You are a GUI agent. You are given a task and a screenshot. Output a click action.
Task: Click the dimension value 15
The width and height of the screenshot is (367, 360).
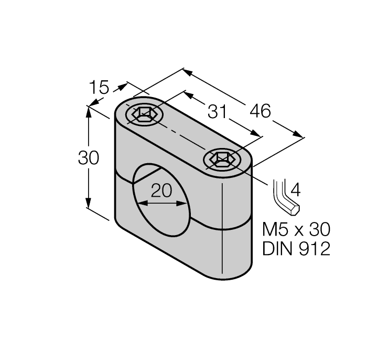coord(98,88)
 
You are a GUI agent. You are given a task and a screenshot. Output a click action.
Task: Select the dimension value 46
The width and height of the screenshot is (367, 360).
coord(260,111)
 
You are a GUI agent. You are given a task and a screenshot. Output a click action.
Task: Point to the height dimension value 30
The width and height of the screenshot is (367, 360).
coord(89,158)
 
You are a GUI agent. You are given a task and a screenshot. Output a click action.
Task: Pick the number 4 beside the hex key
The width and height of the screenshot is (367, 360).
coord(295,189)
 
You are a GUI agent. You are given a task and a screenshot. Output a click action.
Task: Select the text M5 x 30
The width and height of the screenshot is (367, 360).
coord(296,229)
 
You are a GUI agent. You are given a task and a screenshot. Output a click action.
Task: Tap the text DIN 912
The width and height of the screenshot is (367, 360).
coord(296,249)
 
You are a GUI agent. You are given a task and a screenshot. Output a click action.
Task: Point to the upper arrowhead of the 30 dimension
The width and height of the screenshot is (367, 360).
coord(89,111)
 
